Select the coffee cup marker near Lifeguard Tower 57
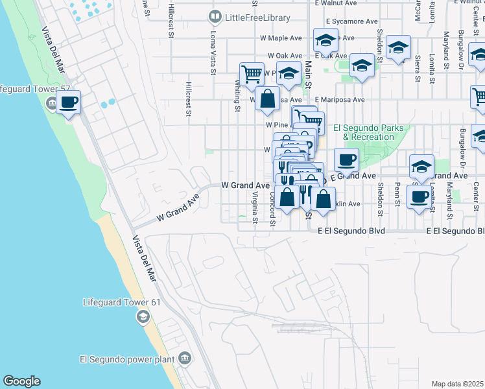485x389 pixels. click(68, 102)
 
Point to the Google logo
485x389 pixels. click(21, 381)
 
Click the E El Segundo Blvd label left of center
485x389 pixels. click(351, 231)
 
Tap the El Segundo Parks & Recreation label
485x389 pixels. click(368, 133)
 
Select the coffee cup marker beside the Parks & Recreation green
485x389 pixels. click(346, 159)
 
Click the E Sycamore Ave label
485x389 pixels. click(351, 21)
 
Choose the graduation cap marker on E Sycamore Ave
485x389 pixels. click(325, 41)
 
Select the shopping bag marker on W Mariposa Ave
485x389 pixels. click(266, 99)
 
